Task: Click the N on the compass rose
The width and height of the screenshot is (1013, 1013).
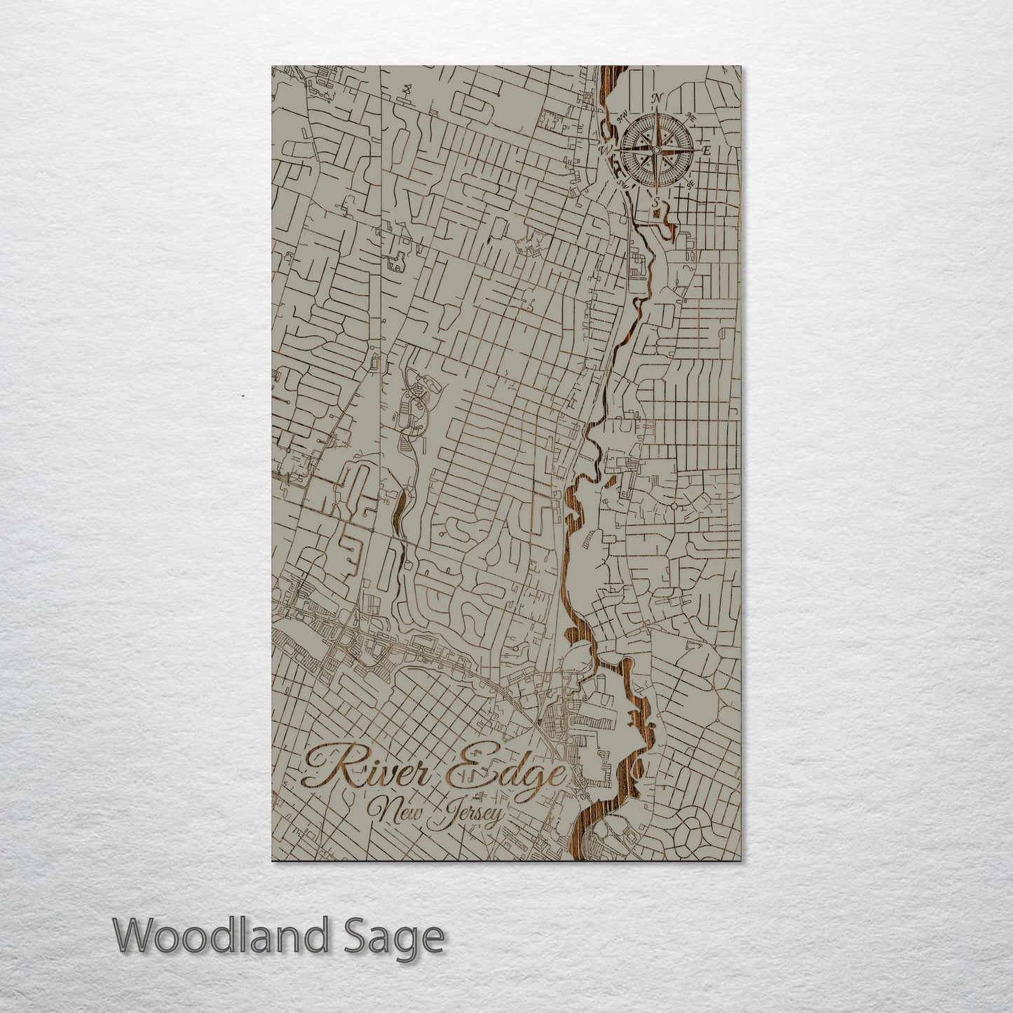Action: point(657,98)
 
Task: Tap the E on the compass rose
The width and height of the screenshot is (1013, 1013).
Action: point(706,150)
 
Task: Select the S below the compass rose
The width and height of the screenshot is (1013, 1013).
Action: point(655,202)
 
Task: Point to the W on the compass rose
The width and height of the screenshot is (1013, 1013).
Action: point(606,149)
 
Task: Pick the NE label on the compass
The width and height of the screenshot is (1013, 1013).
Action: point(691,116)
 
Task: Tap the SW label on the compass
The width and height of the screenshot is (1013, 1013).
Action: point(621,184)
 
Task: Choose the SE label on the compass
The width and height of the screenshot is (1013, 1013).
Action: point(691,184)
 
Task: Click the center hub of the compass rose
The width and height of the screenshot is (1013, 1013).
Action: point(656,150)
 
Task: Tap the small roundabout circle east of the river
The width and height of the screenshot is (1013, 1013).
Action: point(673,505)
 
